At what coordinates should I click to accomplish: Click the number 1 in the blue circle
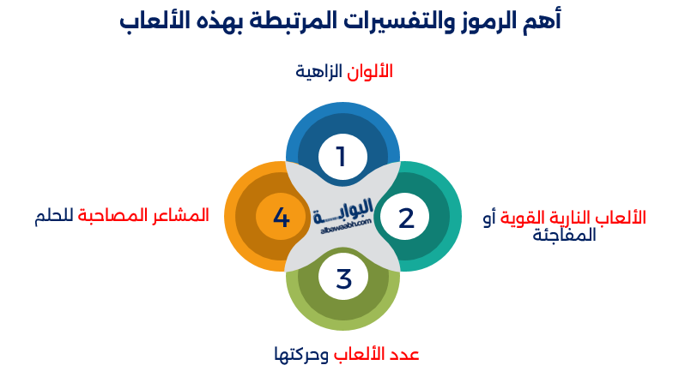341,157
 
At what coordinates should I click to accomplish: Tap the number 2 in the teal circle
406,218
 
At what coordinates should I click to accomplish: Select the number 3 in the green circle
343,278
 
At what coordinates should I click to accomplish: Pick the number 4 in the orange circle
282,218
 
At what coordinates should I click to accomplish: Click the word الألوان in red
369,72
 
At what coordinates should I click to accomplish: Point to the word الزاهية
319,72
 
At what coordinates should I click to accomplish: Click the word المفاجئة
564,236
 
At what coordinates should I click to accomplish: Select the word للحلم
52,215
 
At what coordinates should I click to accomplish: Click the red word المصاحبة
112,215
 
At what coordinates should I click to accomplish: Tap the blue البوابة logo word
346,209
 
